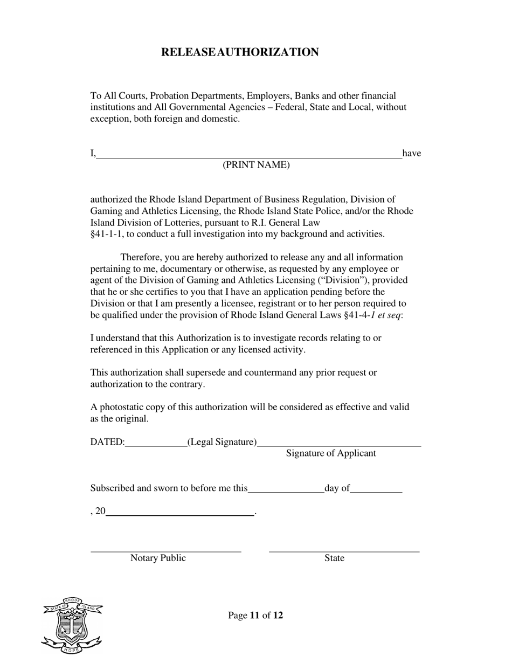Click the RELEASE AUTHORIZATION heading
click(x=240, y=52)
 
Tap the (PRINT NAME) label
click(x=256, y=165)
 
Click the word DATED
click(x=106, y=442)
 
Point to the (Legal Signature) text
click(x=222, y=442)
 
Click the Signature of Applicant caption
click(x=331, y=453)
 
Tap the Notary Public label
click(x=158, y=558)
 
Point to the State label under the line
click(x=334, y=558)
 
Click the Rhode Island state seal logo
click(x=72, y=625)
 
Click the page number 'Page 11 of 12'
click(x=255, y=616)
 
